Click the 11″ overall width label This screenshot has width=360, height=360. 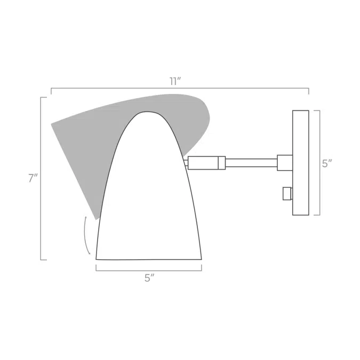pyautogui.click(x=175, y=82)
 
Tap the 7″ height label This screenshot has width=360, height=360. pyautogui.click(x=33, y=179)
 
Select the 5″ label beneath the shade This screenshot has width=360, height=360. pyautogui.click(x=149, y=278)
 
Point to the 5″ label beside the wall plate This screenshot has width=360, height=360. pyautogui.click(x=326, y=164)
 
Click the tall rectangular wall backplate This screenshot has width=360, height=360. pyautogui.click(x=301, y=163)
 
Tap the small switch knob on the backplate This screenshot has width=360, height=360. pyautogui.click(x=287, y=193)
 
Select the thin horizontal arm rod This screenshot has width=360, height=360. pyautogui.click(x=251, y=163)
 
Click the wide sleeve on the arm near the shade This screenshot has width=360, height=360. pyautogui.click(x=203, y=163)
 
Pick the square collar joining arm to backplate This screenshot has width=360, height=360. pyautogui.click(x=285, y=163)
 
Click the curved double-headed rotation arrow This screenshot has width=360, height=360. pyautogui.click(x=86, y=235)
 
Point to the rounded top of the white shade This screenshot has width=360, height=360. pyautogui.click(x=148, y=113)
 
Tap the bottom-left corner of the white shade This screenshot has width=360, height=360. pyautogui.click(x=97, y=259)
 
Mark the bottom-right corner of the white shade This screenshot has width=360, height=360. pyautogui.click(x=201, y=259)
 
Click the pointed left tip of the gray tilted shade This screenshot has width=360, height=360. pyautogui.click(x=52, y=124)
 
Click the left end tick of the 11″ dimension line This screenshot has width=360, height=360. pyautogui.click(x=51, y=91)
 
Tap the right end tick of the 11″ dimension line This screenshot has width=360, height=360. pyautogui.click(x=308, y=91)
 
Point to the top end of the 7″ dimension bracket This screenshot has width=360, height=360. pyautogui.click(x=42, y=98)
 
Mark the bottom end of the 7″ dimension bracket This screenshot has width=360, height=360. pyautogui.click(x=42, y=260)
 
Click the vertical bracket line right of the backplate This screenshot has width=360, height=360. pyautogui.click(x=319, y=163)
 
